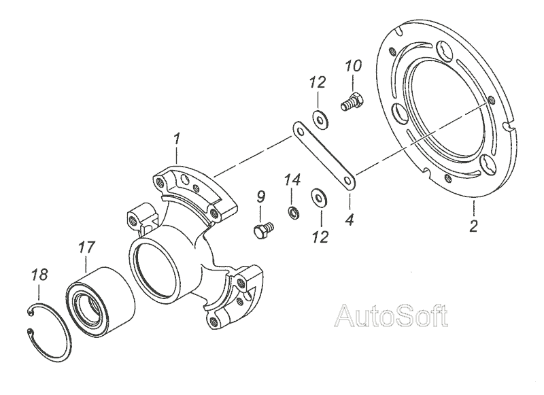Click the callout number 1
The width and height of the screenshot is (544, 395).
click(177, 140)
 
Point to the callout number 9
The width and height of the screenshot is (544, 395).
click(260, 199)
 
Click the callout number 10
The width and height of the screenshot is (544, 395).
click(354, 67)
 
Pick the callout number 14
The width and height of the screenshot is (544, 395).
click(292, 181)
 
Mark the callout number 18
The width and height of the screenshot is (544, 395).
click(39, 275)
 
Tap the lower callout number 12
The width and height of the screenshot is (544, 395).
click(320, 237)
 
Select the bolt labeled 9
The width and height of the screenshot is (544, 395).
click(262, 230)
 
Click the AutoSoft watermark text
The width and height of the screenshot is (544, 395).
click(392, 315)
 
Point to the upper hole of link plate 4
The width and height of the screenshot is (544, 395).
click(298, 128)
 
